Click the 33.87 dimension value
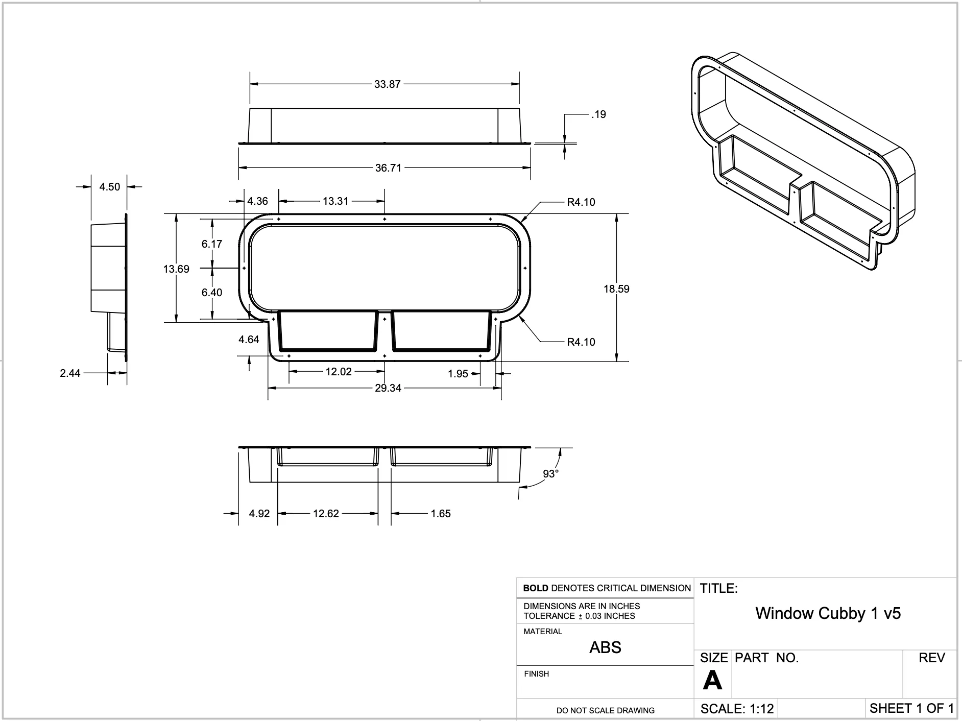point(387,84)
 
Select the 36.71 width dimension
point(388,168)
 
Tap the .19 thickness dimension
point(598,114)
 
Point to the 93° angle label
point(550,474)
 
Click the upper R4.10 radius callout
point(581,202)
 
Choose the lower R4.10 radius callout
point(581,342)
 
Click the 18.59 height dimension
point(616,289)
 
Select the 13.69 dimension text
point(176,269)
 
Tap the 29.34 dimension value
point(388,388)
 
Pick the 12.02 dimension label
point(339,372)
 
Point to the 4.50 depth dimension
point(109,187)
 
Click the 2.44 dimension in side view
point(70,373)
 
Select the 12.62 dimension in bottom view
point(326,514)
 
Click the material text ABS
point(605,647)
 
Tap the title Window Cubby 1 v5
point(828,613)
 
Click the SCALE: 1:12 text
point(737,709)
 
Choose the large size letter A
point(712,681)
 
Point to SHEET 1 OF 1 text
point(911,708)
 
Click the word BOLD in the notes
point(535,588)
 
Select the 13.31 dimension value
point(335,201)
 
